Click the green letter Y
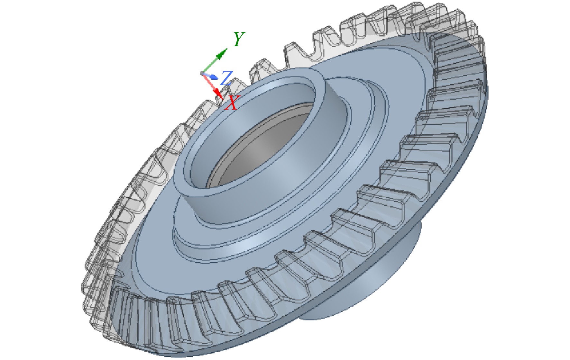coord(239,39)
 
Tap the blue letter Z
coord(226,78)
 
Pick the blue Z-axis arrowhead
coord(214,77)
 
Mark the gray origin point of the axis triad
coord(202,74)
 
